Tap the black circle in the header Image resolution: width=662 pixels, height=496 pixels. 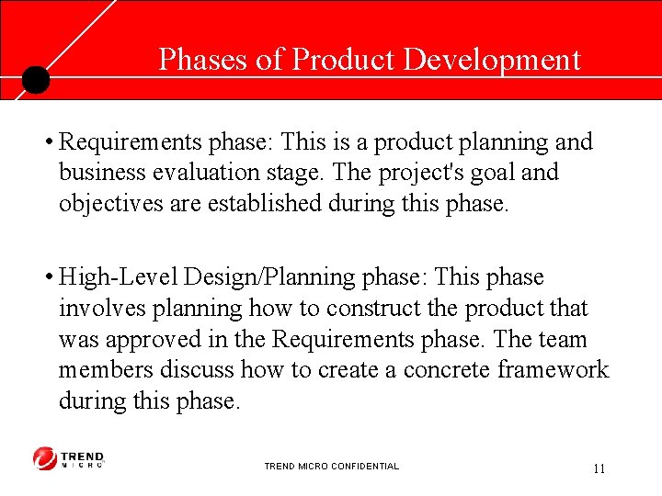pyautogui.click(x=35, y=81)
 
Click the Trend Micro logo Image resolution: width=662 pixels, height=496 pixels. pyautogui.click(x=69, y=458)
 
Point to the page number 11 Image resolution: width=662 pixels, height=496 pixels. pyautogui.click(x=599, y=468)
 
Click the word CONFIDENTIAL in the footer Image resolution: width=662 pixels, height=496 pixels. pyautogui.click(x=366, y=467)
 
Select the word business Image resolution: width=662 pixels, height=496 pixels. pyautogui.click(x=99, y=173)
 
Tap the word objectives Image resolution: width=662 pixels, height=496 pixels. pyautogui.click(x=103, y=203)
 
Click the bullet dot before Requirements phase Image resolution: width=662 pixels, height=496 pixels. pyautogui.click(x=46, y=142)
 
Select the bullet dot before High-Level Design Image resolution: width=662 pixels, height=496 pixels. pyautogui.click(x=46, y=278)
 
